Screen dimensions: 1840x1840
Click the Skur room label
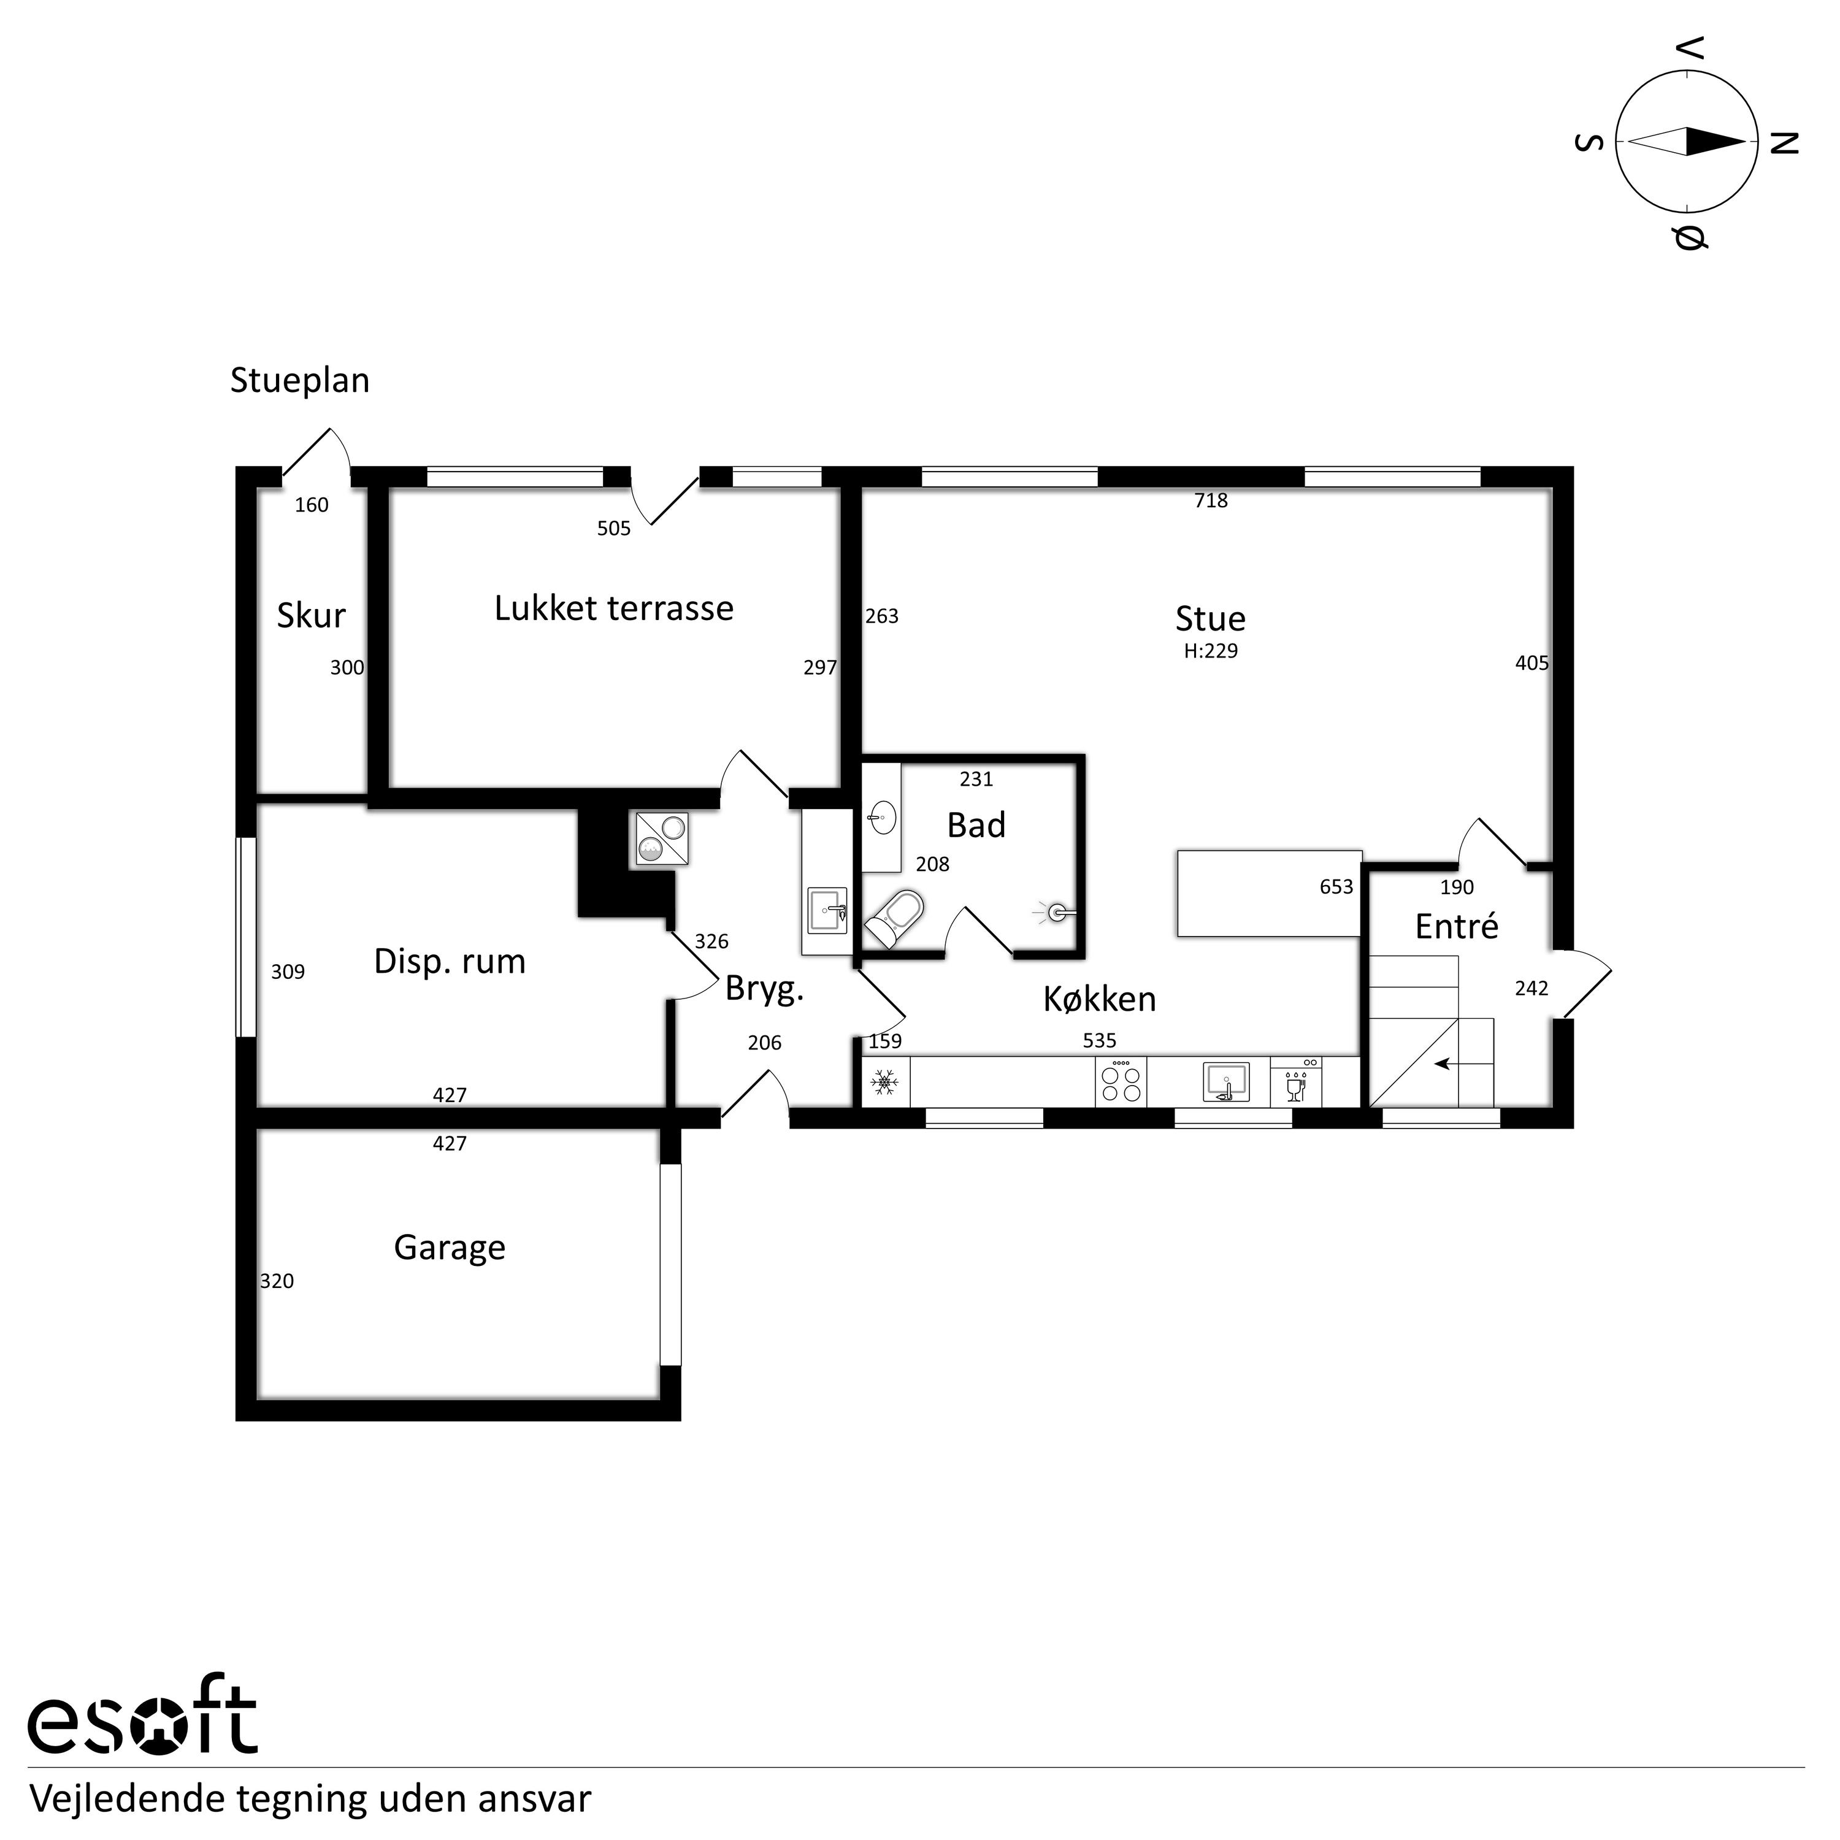tap(312, 617)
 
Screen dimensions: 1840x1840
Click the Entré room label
tap(1457, 927)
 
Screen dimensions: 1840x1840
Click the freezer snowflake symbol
tap(886, 1083)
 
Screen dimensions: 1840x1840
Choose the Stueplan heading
tap(300, 381)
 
